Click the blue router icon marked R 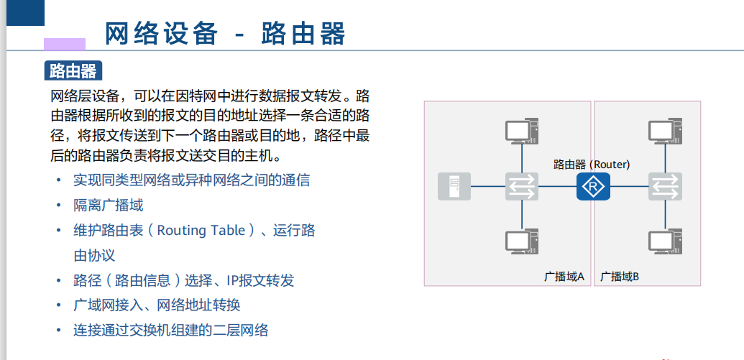pos(592,187)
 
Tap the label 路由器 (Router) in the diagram pos(591,165)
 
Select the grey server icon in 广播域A pos(454,187)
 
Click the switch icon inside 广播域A pos(520,187)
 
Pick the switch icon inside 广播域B pos(665,187)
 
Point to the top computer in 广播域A pos(520,131)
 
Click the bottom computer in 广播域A pos(520,241)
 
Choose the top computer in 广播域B pos(665,131)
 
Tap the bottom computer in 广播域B pos(665,241)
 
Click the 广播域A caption pos(564,276)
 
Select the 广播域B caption pos(620,276)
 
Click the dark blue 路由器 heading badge pos(73,70)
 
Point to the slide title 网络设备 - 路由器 pos(225,34)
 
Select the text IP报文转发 pos(260,280)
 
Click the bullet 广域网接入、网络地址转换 pos(157,305)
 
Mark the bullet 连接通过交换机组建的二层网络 pos(170,331)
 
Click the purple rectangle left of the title pos(65,44)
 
